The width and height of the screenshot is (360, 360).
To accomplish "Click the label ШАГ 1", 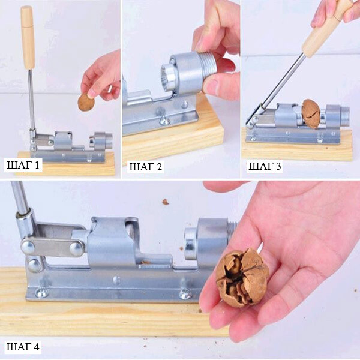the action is (23, 165).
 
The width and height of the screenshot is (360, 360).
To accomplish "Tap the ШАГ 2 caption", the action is (146, 167).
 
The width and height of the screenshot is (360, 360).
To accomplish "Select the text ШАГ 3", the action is (265, 166).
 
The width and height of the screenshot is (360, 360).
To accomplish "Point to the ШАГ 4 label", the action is (23, 347).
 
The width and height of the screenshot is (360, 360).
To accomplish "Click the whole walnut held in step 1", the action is (86, 103).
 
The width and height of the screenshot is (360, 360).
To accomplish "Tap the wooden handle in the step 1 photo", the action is (28, 38).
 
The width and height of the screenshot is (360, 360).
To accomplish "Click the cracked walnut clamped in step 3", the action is (311, 114).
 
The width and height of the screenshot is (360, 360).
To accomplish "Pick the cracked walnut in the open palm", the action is (242, 277).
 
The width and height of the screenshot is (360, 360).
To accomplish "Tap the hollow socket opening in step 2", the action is (167, 76).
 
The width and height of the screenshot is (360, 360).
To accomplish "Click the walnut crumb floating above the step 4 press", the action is (166, 202).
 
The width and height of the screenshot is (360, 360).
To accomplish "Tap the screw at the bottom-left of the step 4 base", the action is (41, 293).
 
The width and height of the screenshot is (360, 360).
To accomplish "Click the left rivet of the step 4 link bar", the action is (28, 247).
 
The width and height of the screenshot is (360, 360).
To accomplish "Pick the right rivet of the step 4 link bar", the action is (77, 249).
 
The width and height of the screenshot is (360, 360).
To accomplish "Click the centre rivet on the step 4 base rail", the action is (116, 280).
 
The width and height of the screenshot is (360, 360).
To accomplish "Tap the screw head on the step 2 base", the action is (164, 119).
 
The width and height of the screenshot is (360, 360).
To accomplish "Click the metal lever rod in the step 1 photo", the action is (31, 99).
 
